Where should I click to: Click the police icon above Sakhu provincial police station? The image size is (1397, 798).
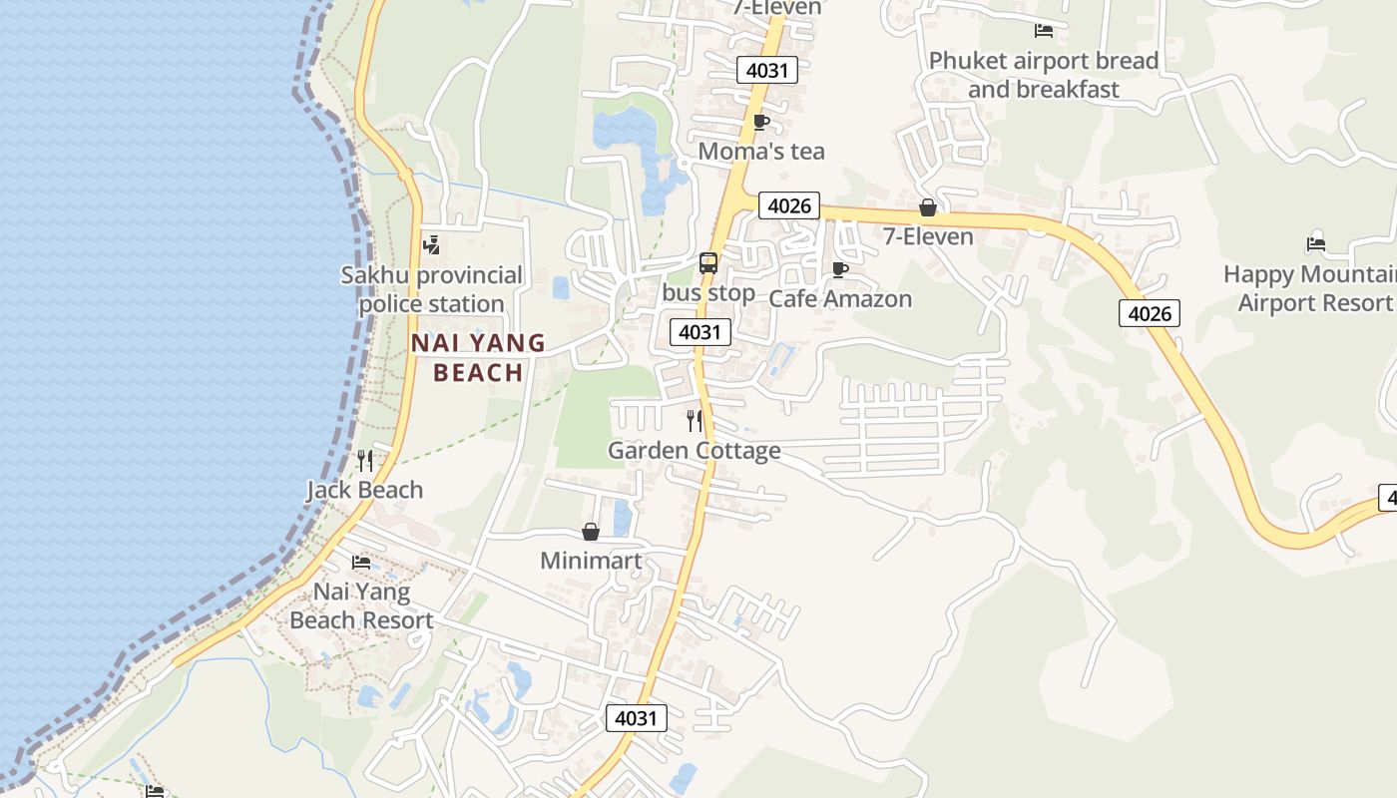tap(431, 244)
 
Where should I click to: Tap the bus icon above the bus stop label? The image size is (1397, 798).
tap(708, 263)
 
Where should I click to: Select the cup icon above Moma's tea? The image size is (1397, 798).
tap(760, 123)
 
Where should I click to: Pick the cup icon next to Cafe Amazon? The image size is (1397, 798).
tap(840, 269)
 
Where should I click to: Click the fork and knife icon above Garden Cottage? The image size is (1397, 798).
tap(695, 421)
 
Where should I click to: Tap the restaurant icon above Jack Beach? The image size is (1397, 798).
tap(365, 460)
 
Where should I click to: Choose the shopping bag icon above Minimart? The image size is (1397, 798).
tap(591, 532)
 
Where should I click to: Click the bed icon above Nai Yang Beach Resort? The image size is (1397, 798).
tap(361, 563)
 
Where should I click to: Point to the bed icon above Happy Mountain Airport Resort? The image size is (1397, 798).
tap(1316, 243)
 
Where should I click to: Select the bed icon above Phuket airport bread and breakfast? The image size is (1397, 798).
tap(1044, 31)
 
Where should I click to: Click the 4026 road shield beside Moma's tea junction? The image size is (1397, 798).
tap(788, 205)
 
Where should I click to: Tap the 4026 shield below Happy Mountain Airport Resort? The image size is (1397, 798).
tap(1149, 313)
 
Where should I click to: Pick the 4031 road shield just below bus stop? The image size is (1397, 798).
tap(699, 332)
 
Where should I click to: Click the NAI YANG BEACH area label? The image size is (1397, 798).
tap(479, 357)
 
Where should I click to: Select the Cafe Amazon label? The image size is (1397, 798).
tap(840, 298)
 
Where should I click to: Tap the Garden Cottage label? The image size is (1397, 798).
tap(695, 451)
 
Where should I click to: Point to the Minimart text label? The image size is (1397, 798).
tap(591, 561)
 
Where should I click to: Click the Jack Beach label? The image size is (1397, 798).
tap(364, 490)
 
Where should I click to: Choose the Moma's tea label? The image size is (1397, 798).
tap(761, 152)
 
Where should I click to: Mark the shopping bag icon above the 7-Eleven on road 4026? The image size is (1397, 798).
tap(928, 207)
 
